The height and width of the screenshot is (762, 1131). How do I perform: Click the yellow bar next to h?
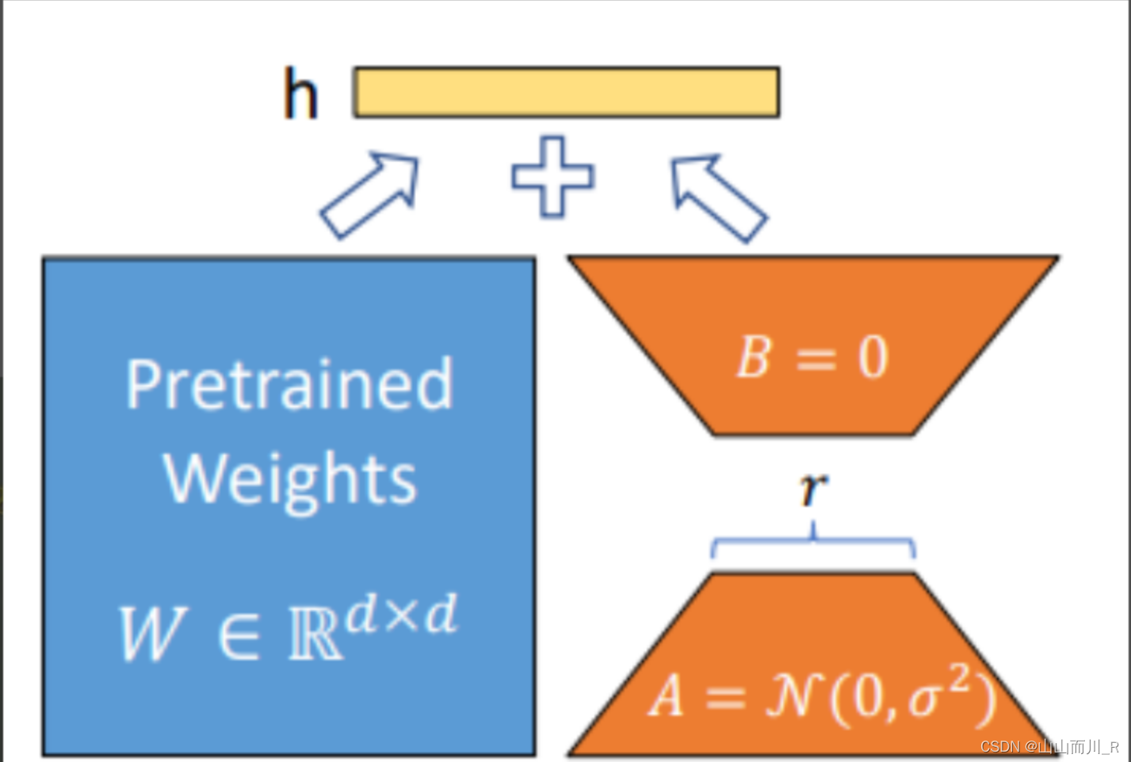coord(566,93)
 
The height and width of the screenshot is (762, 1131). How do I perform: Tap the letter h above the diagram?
coord(300,93)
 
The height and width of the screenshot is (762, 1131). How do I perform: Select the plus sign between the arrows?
coord(552,176)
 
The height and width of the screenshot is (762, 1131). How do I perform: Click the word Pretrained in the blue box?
coord(289,384)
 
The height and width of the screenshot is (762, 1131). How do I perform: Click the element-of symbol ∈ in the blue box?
coord(238,635)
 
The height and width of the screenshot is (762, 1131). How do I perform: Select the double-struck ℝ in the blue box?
coord(315,636)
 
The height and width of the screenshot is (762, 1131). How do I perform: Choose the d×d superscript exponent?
coord(402,615)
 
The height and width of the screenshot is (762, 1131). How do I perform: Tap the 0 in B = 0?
coord(873,357)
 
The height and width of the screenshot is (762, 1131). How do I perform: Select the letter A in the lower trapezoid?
coord(666,697)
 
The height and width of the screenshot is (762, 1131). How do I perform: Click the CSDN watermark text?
coord(1049,747)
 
